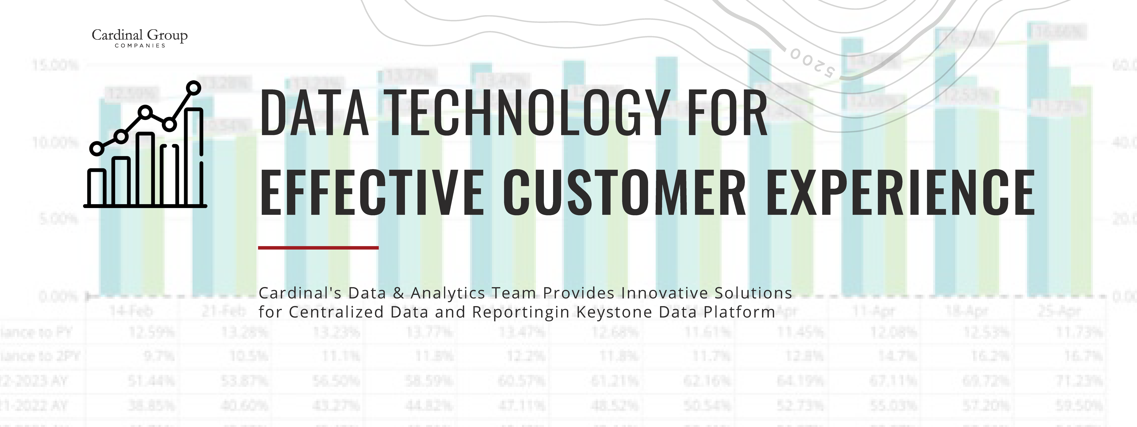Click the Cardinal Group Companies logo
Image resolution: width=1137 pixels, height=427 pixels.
140,38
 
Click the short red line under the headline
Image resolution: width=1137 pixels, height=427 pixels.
318,248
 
